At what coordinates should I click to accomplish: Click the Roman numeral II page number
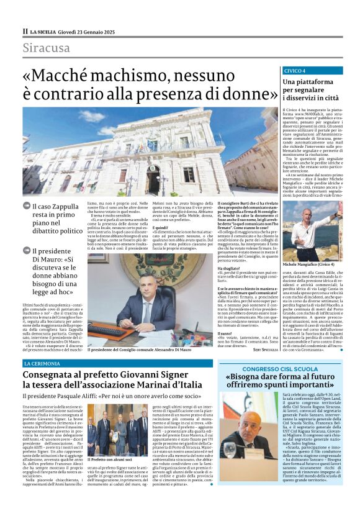tap(25, 31)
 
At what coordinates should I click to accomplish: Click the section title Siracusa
tap(46, 48)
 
